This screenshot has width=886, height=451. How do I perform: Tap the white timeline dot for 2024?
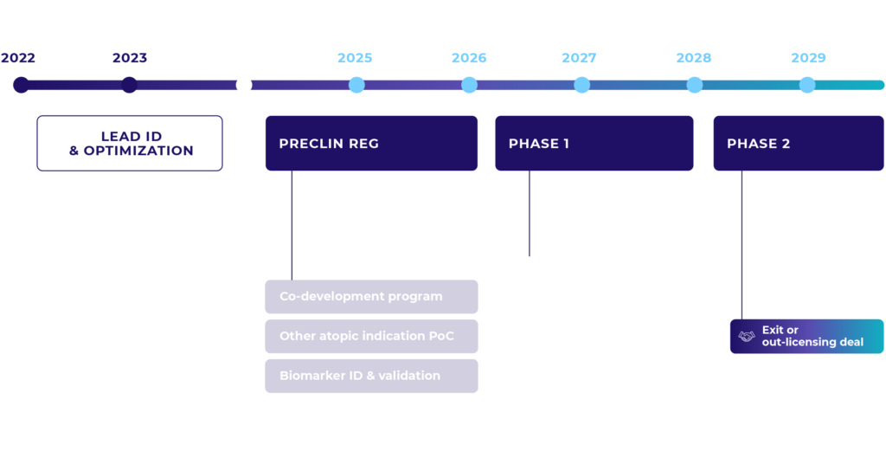click(x=244, y=85)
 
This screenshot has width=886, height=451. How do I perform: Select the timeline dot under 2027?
click(x=581, y=85)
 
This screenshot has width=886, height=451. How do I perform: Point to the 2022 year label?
click(x=18, y=59)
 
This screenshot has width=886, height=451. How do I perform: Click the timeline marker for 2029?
click(x=807, y=85)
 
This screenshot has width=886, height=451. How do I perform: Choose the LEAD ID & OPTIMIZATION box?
click(x=130, y=144)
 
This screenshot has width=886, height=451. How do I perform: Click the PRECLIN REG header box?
click(x=371, y=144)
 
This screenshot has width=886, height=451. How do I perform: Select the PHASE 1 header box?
click(x=594, y=144)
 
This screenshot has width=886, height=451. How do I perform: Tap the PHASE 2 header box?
click(x=799, y=144)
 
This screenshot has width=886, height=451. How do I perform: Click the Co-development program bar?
click(x=371, y=297)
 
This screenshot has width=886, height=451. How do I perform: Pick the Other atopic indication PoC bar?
click(x=371, y=336)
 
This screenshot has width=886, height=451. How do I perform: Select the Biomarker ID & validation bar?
click(x=371, y=376)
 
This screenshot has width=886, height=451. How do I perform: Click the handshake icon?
click(x=747, y=336)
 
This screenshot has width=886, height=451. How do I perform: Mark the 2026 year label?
click(x=469, y=59)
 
